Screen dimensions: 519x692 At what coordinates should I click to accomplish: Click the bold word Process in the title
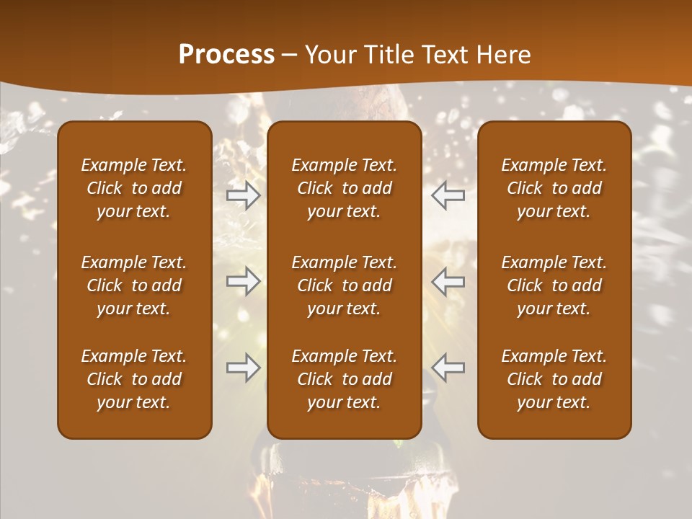coord(226,55)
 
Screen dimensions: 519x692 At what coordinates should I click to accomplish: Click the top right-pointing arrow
coord(243,195)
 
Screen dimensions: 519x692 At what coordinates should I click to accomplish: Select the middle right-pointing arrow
coord(243,281)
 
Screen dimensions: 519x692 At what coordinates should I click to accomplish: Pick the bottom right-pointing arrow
coord(243,368)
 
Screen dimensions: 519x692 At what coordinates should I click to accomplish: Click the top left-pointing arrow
coord(448,195)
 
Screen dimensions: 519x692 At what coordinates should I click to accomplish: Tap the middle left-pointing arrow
coord(448,281)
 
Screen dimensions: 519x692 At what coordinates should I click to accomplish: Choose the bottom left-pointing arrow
coord(448,368)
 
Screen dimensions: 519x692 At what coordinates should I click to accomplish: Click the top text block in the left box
coord(134,188)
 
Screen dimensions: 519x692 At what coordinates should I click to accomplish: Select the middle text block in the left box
coord(134,285)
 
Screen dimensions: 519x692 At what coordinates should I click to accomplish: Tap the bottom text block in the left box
coord(134,379)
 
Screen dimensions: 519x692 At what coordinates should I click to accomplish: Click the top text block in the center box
coord(344,188)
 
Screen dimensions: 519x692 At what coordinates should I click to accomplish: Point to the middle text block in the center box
coord(344,285)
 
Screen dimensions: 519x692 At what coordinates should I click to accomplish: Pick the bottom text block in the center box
coord(344,379)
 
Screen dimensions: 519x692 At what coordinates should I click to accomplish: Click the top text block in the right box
coord(554,188)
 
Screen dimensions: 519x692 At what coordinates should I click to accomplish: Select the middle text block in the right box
coord(554,285)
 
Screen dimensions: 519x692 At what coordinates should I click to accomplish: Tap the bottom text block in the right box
coord(554,379)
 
